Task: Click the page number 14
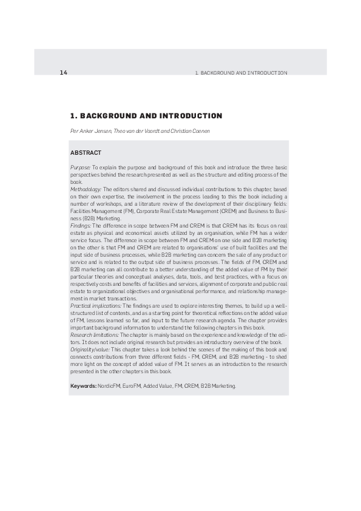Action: (63, 73)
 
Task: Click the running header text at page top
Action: (241, 73)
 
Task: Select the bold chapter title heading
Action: (146, 115)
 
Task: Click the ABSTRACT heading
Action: (86, 152)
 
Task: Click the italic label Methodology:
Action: (86, 189)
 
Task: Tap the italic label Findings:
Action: (81, 225)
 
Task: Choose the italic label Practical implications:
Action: (96, 306)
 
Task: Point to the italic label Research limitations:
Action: (95, 334)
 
